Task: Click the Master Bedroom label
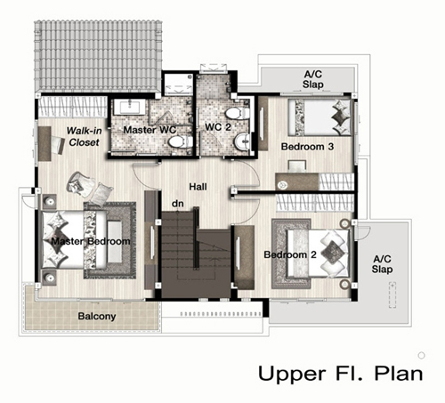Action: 91,241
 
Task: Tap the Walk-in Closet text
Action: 84,136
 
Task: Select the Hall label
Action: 198,187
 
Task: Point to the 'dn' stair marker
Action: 178,204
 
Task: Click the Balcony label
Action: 97,317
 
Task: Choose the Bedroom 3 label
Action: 307,147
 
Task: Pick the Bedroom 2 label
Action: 290,254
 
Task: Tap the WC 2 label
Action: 218,127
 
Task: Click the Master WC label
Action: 150,130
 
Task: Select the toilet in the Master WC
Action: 180,141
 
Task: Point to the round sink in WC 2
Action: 243,141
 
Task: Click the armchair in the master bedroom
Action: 79,183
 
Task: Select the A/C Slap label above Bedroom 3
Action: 312,79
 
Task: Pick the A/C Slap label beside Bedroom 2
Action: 382,264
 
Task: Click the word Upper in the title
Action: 292,374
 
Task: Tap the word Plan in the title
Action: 399,373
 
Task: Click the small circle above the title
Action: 421,355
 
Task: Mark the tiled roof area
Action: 98,55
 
